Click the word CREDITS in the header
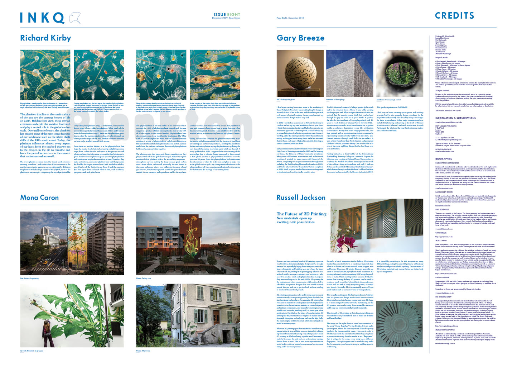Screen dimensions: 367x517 tap(454, 16)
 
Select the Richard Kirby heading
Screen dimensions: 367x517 tap(45, 38)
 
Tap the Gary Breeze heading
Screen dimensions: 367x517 tap(300, 38)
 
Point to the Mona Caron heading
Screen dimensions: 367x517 tap(39, 197)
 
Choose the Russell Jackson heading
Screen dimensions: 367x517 tap(301, 197)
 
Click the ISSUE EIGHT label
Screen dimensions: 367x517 tap(227, 15)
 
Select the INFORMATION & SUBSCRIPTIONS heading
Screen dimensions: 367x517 tap(455, 118)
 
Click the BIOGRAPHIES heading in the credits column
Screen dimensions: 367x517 tap(444, 159)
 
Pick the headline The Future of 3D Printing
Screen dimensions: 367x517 tap(301, 214)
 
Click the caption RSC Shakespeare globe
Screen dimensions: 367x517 tap(286, 100)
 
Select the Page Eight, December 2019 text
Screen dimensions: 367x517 tap(290, 18)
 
